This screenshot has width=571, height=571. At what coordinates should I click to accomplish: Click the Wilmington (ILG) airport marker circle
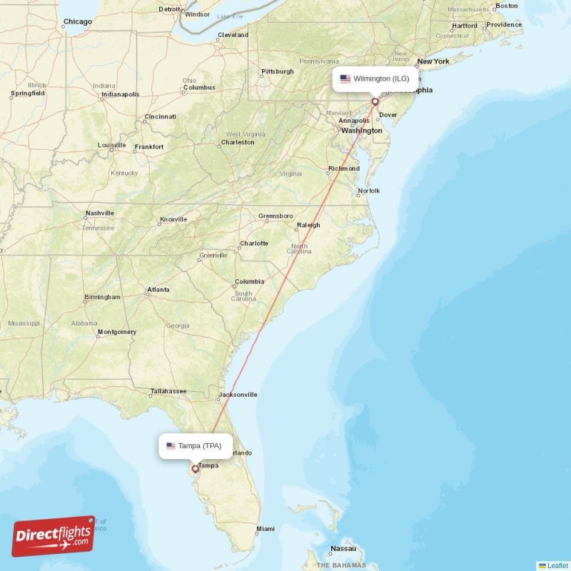click(x=375, y=101)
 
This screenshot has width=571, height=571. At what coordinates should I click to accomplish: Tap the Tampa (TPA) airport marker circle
click(x=194, y=469)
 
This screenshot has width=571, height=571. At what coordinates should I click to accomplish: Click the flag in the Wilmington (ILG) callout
click(x=345, y=79)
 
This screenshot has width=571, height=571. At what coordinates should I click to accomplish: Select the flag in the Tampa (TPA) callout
click(x=171, y=446)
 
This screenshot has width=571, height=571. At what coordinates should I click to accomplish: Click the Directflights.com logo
click(x=54, y=536)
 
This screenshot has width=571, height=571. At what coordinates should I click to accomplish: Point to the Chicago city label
click(x=77, y=21)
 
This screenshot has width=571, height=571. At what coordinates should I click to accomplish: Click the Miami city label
click(x=266, y=529)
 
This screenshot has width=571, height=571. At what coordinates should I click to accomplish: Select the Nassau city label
click(x=343, y=549)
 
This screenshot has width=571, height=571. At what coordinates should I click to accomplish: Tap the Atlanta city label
click(x=158, y=290)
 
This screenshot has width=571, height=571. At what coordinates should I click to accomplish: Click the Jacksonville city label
click(x=238, y=394)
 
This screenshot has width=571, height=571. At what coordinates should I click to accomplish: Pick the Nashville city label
click(x=100, y=213)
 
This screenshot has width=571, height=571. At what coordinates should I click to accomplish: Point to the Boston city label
click(x=506, y=6)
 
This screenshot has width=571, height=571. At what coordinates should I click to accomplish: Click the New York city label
click(x=433, y=61)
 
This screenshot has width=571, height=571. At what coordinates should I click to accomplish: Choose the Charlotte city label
click(x=254, y=243)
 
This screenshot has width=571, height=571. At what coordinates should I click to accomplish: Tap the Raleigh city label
click(x=308, y=225)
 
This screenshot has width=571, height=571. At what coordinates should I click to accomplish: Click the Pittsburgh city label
click(x=278, y=71)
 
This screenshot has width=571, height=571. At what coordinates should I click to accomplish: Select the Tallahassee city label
click(x=168, y=391)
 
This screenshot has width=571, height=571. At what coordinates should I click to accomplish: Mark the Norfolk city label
click(x=369, y=191)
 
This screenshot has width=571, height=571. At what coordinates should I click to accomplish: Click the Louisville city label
click(x=112, y=146)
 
